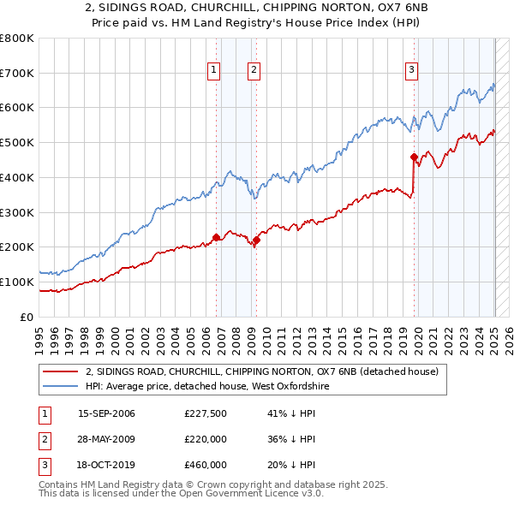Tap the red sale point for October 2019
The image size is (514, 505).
(414, 157)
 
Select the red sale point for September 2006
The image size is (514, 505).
(216, 237)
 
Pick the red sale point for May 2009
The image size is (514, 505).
(256, 240)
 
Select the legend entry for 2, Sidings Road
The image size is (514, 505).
(262, 371)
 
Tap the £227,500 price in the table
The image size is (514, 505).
(206, 413)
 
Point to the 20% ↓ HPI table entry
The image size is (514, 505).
(291, 465)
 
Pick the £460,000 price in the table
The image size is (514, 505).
(206, 465)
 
